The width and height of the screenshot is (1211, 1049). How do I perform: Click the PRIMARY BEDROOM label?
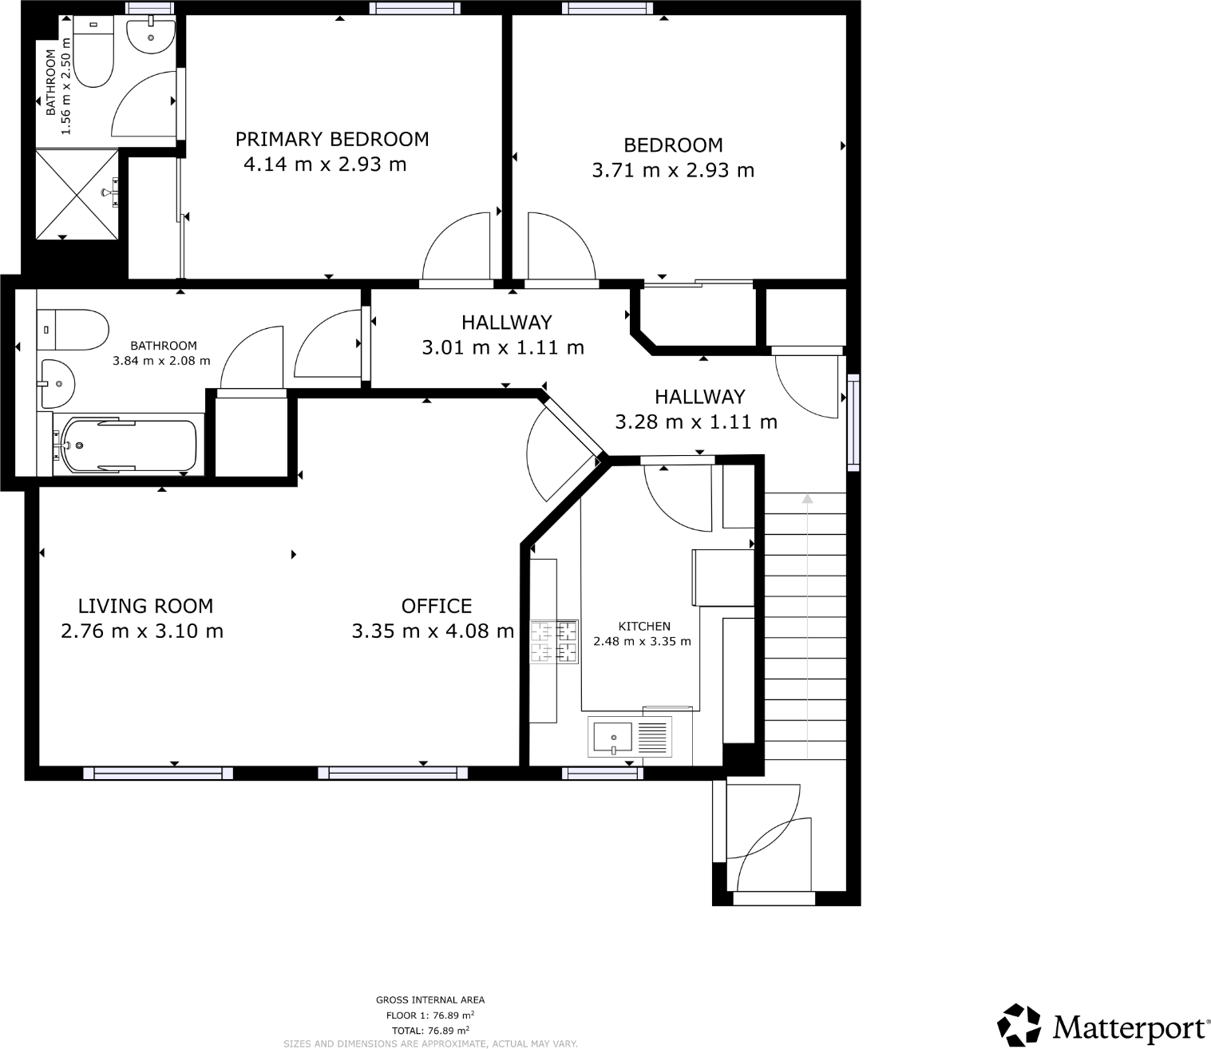pyautogui.click(x=332, y=140)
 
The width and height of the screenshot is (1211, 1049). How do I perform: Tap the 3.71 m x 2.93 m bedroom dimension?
pyautogui.click(x=673, y=171)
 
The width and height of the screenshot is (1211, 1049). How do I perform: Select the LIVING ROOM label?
pyautogui.click(x=145, y=606)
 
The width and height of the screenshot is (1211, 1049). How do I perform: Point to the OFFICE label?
pyautogui.click(x=437, y=606)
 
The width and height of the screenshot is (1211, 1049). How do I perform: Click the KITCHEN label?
pyautogui.click(x=644, y=627)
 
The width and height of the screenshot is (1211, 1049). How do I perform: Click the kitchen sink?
pyautogui.click(x=611, y=736)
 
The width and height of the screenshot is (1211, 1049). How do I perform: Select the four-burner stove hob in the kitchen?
pyautogui.click(x=554, y=642)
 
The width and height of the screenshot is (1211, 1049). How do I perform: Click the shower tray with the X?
pyautogui.click(x=77, y=193)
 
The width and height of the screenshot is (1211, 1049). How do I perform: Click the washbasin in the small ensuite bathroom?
pyautogui.click(x=150, y=37)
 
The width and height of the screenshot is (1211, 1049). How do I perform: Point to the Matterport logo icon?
pyautogui.click(x=1019, y=1024)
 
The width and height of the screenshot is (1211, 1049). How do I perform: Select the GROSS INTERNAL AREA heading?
pyautogui.click(x=430, y=1000)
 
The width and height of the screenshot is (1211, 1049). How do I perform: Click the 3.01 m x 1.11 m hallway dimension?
pyautogui.click(x=503, y=348)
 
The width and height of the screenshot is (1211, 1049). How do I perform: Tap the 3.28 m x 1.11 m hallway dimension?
pyautogui.click(x=696, y=422)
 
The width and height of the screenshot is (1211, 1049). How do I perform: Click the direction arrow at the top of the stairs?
pyautogui.click(x=807, y=499)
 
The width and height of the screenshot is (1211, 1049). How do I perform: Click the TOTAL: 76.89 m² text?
pyautogui.click(x=430, y=1030)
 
